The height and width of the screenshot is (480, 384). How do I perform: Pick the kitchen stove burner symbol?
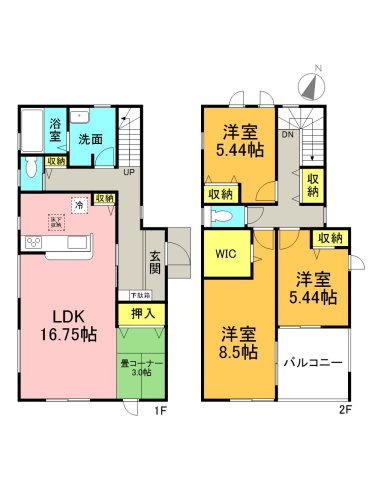[x=30, y=243]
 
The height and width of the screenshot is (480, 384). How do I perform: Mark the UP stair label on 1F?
[x=129, y=172]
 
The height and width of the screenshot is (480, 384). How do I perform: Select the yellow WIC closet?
[x=226, y=254]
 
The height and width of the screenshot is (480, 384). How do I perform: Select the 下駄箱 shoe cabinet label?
[x=140, y=296]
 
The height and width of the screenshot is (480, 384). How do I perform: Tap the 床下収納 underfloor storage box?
[x=56, y=223]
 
